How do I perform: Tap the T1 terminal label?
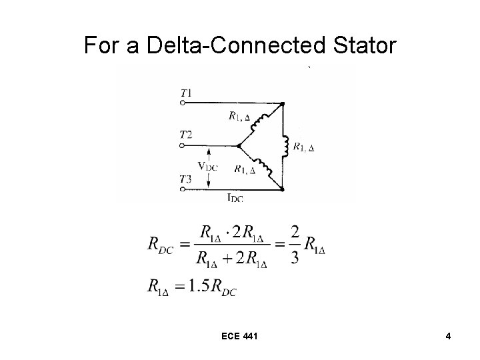click(x=186, y=93)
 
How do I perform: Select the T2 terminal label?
click(x=186, y=135)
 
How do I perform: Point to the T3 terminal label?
click(x=186, y=179)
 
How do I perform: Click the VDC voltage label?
click(x=207, y=166)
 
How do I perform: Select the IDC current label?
click(x=234, y=197)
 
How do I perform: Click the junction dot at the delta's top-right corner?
click(x=283, y=104)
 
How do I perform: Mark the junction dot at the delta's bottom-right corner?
click(x=283, y=189)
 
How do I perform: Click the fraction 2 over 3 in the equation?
click(x=294, y=245)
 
